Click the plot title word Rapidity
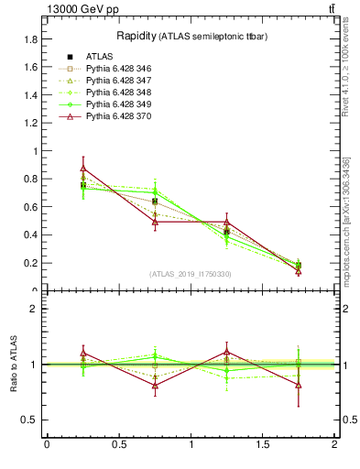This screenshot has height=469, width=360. [136, 36]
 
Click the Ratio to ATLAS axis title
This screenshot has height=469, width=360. [13, 365]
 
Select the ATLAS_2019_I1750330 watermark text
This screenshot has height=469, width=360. [191, 274]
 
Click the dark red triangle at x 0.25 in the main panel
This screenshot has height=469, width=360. [83, 169]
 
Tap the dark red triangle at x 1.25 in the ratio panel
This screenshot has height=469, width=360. [227, 352]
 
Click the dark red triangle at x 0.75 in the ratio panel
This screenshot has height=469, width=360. [156, 386]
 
